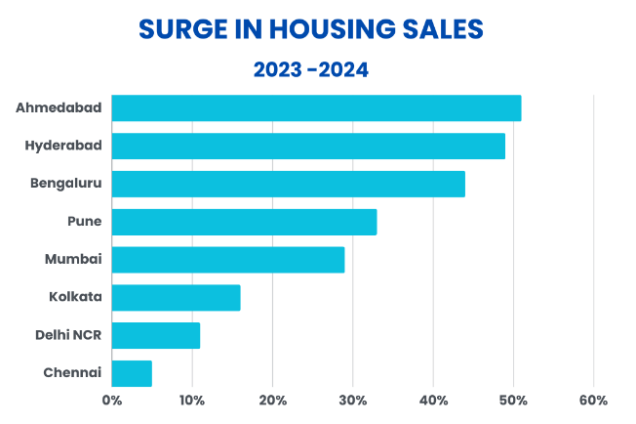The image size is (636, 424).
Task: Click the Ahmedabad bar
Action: point(316,108)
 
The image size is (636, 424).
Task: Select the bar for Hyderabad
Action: point(308,146)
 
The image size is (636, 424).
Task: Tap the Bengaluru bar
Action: point(289,184)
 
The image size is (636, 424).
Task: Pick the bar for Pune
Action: point(244,222)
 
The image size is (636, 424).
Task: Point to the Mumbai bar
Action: point(228,260)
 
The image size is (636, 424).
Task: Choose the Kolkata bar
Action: point(176,298)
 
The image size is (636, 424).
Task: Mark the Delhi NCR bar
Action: point(156,335)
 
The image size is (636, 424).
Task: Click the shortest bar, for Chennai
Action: point(132,373)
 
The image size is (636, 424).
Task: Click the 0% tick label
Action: point(112,401)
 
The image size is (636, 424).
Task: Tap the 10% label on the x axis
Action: point(192,401)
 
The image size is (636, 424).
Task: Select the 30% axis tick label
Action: point(353,401)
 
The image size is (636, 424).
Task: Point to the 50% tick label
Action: point(513,401)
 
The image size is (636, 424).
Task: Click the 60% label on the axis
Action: point(593,401)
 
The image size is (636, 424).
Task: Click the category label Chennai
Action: point(72,372)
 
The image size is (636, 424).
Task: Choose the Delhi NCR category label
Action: point(68,335)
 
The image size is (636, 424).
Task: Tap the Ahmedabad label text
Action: point(59,107)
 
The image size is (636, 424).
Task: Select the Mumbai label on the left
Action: point(73,259)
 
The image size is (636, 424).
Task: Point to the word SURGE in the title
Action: point(183,29)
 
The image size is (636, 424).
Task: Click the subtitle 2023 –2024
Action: point(311,69)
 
